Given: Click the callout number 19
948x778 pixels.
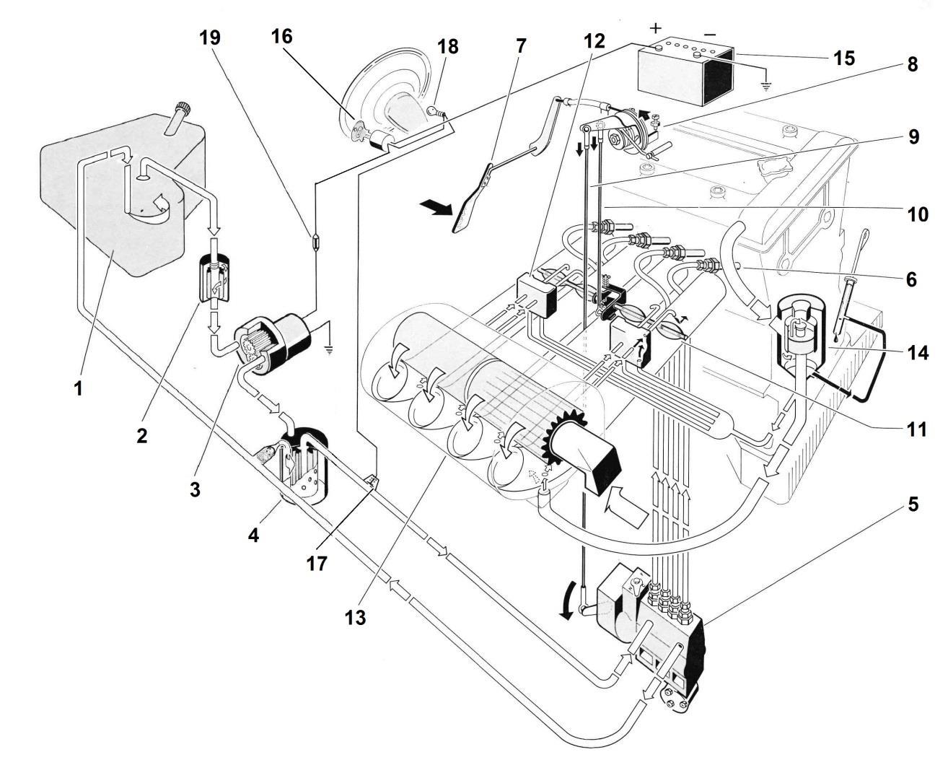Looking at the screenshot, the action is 210,38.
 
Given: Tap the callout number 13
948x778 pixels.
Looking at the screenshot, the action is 355,618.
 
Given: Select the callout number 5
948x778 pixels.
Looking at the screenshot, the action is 913,504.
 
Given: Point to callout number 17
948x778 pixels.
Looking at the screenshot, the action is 317,564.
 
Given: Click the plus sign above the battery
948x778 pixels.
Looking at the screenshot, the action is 656,28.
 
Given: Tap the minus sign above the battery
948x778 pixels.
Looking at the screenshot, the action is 710,34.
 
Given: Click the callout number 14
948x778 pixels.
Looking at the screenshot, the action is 918,352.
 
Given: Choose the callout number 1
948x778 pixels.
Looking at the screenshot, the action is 78,388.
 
